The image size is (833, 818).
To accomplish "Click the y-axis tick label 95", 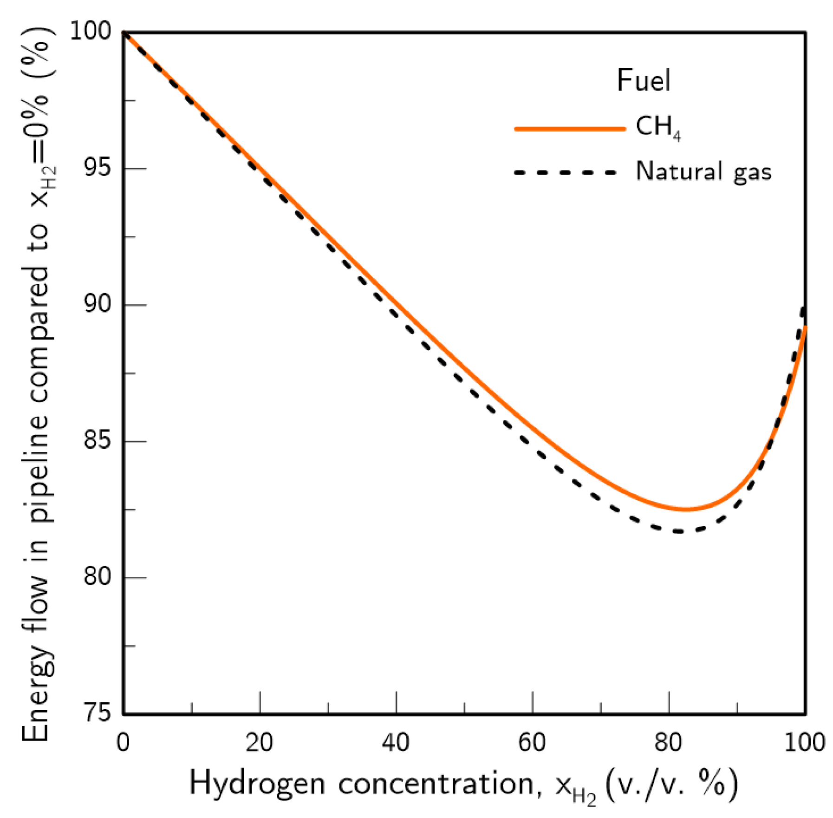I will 98,168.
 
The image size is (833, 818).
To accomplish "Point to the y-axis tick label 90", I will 98,304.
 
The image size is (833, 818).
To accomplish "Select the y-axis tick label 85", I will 98,440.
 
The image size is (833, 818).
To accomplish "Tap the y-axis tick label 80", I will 98,577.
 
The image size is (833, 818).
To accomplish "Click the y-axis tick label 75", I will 98,713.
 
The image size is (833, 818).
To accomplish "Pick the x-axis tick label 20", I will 259,742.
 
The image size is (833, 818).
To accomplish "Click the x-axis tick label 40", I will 396,742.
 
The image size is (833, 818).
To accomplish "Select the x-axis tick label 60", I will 532,742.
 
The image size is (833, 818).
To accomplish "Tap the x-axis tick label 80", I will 668,742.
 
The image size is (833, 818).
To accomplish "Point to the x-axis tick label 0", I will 123,742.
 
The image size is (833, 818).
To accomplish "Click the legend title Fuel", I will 643,80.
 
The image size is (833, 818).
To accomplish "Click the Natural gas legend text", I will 703,172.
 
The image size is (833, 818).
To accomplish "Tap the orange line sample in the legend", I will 570,129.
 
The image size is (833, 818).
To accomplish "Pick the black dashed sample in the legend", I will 565,172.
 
